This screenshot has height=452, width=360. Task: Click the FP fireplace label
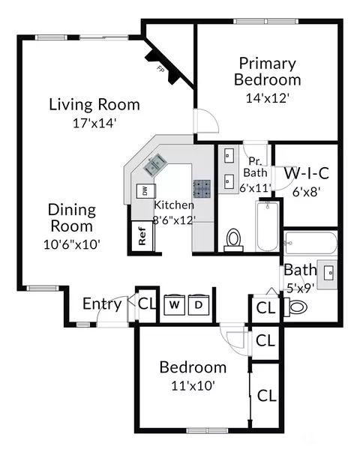[x=160, y=69]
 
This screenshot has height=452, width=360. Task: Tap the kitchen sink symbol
[x=154, y=165]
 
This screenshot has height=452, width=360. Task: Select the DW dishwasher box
[x=145, y=190]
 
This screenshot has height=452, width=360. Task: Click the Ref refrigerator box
[x=142, y=236]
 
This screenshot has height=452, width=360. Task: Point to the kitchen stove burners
[x=202, y=189]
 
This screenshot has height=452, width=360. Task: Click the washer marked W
[x=174, y=304]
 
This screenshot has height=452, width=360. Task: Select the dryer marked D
[x=198, y=304]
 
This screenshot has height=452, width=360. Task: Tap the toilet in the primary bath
[x=233, y=240]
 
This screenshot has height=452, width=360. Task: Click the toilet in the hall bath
[x=296, y=307]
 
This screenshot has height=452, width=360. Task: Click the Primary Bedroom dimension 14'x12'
[x=268, y=98]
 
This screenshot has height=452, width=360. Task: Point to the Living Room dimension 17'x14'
[x=94, y=124]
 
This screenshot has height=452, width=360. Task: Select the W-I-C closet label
[x=306, y=173]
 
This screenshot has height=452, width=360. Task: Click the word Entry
[x=102, y=304]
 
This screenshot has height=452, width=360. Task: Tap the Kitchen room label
[x=174, y=205]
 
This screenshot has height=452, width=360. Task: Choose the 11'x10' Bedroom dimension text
[x=193, y=385]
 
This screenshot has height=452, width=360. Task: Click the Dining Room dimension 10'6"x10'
[x=71, y=244]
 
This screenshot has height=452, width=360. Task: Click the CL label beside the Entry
[x=147, y=304]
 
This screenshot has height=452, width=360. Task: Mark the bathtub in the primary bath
[x=267, y=226]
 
